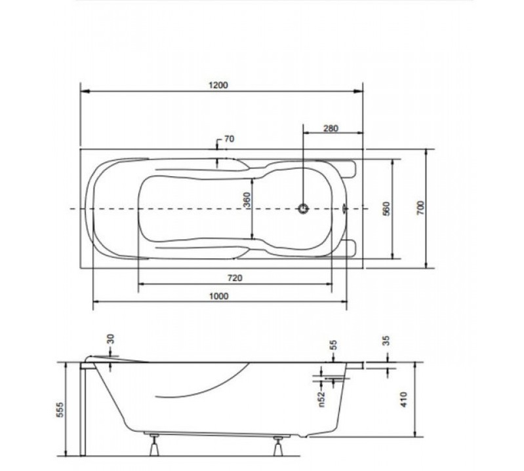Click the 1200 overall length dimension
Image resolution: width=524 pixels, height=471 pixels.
click(218, 85)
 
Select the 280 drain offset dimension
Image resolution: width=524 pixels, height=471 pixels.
click(331, 128)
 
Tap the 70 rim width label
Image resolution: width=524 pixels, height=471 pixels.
click(230, 139)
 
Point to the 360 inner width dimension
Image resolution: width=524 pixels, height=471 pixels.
click(247, 200)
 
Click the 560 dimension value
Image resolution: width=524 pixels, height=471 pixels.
click(386, 208)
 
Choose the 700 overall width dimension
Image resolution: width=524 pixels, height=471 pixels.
click(421, 208)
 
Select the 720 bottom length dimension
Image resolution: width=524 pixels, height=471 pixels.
click(235, 278)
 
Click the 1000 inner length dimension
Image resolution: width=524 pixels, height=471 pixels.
click(219, 295)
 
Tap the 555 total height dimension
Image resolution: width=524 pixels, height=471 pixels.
click(60, 409)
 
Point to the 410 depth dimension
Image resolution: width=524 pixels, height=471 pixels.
click(404, 400)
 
